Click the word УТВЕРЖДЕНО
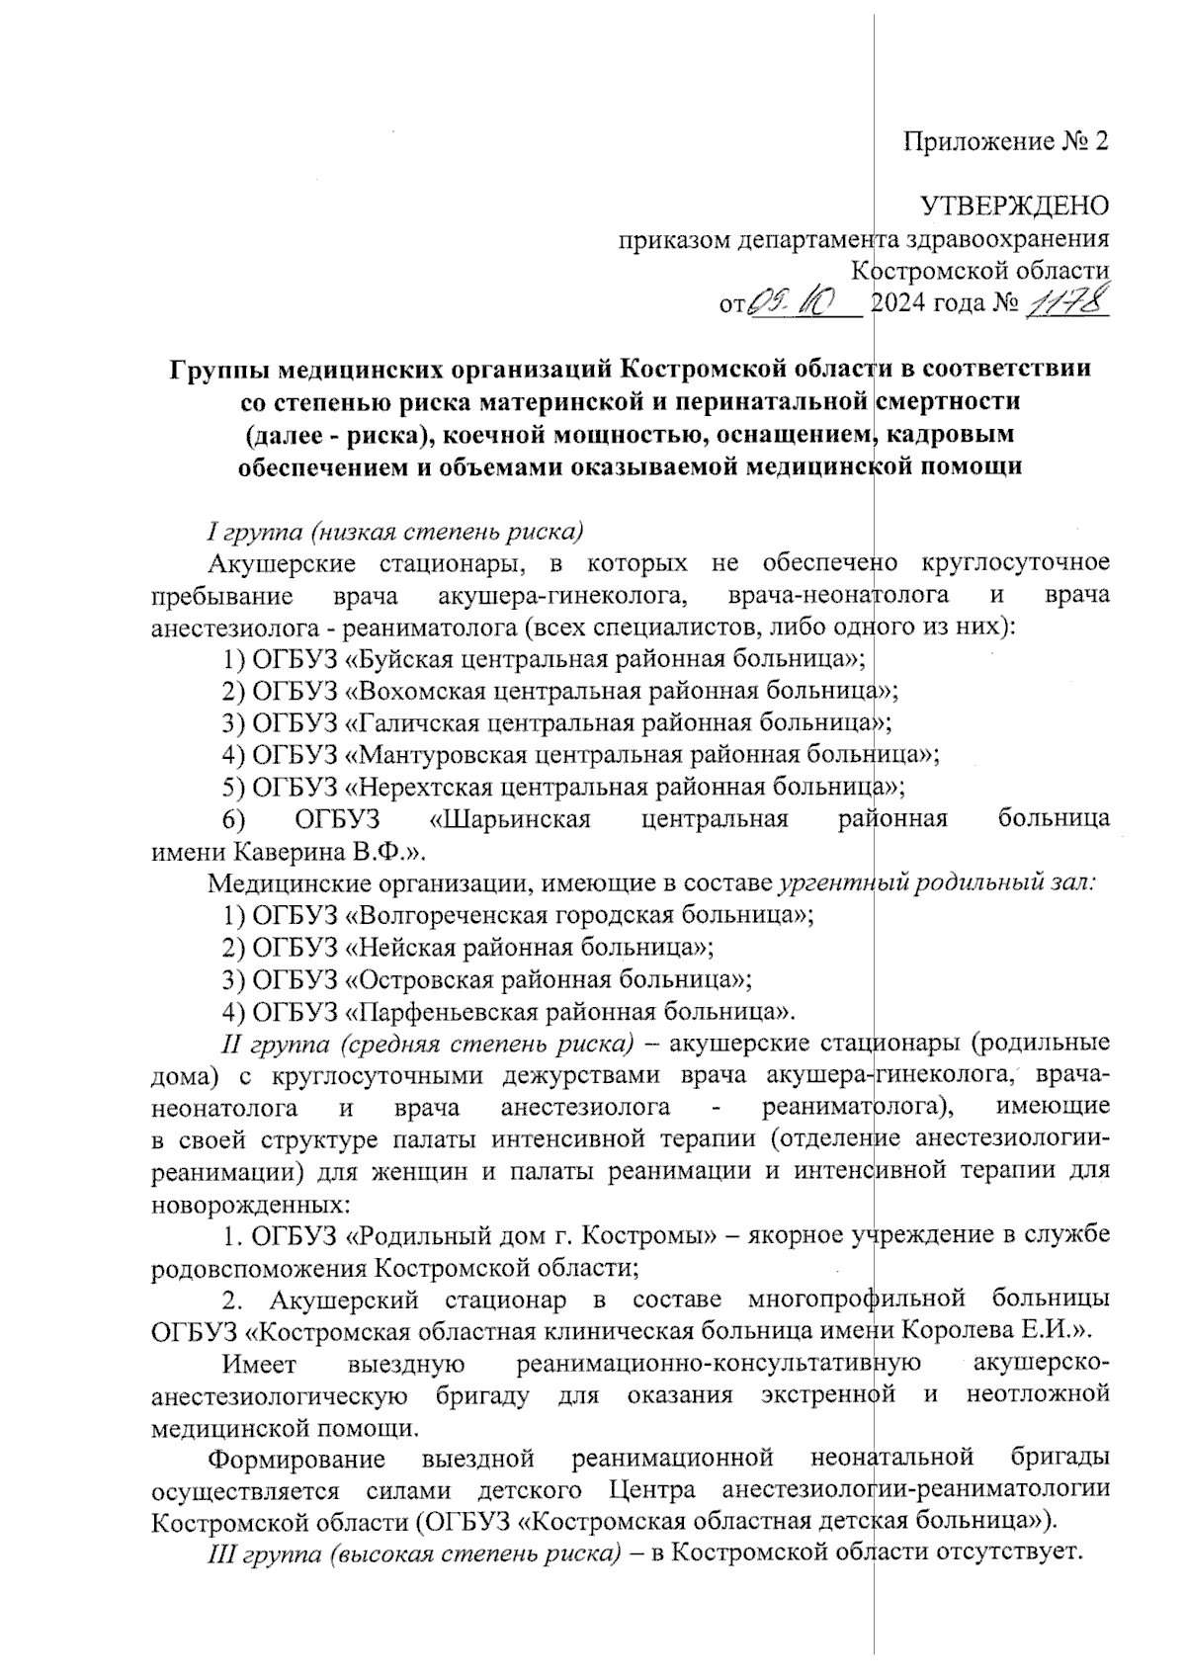(1014, 207)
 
